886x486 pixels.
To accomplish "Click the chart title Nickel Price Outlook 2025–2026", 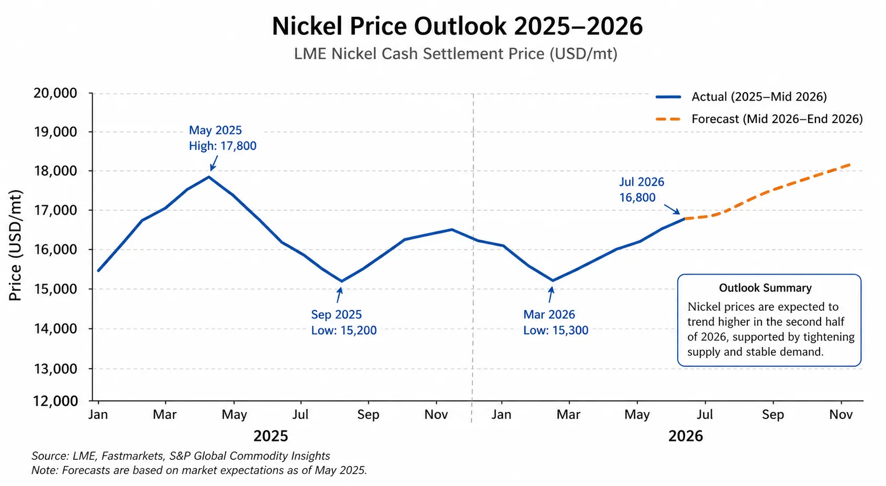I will click(457, 26).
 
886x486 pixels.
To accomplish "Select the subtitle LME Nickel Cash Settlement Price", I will click(455, 54).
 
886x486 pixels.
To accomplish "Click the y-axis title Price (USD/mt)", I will click(15, 245).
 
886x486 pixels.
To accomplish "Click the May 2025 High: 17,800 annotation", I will click(222, 138).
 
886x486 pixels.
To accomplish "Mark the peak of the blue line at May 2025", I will click(209, 177).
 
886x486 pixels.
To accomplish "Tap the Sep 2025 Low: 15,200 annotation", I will click(343, 322).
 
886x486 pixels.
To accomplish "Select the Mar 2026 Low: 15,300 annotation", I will click(555, 322).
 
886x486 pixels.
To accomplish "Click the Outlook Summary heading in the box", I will click(765, 288).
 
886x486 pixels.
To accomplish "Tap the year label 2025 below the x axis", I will click(271, 436).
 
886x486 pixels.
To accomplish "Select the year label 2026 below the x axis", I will click(685, 436).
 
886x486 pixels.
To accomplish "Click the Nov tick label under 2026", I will click(840, 415).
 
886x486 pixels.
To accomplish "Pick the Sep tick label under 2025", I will click(368, 415).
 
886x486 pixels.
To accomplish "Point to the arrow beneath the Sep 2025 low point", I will click(339, 295).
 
